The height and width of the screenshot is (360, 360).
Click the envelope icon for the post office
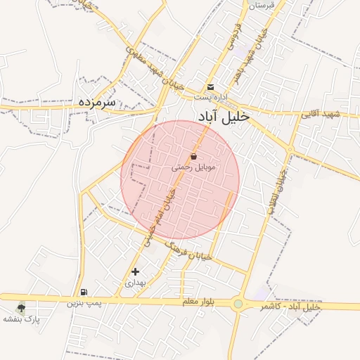[x=210, y=87]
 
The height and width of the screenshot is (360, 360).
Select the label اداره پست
[x=210, y=96]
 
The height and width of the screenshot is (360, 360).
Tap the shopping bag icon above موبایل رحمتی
[x=193, y=156]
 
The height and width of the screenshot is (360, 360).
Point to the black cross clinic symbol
[x=135, y=271]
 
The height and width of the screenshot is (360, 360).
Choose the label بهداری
[x=134, y=283]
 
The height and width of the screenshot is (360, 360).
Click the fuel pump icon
[x=84, y=292]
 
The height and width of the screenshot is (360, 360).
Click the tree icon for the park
[x=21, y=307]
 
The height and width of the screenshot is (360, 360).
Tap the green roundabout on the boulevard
[x=239, y=304]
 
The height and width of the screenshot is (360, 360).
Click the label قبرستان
[x=260, y=5]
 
